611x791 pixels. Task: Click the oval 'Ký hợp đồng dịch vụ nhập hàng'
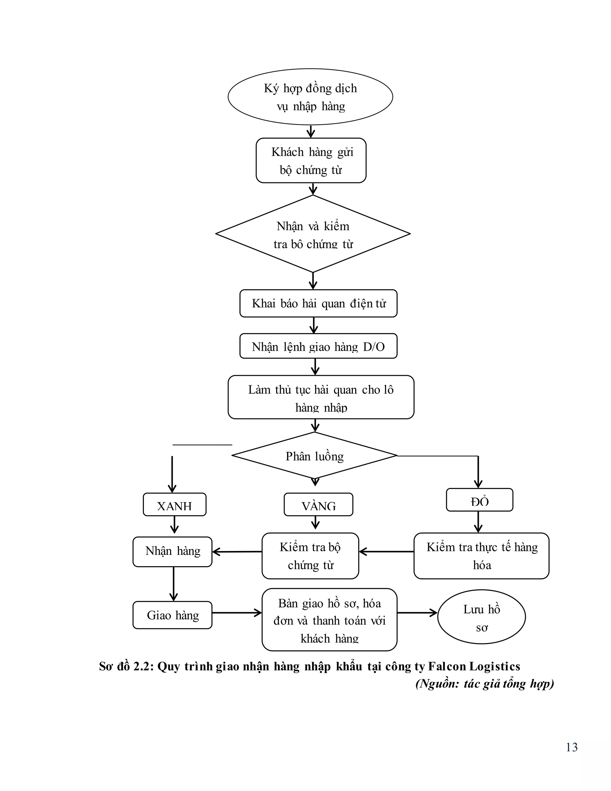[310, 97]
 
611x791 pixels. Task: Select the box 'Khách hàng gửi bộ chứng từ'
[311, 161]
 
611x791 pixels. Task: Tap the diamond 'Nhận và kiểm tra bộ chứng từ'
[313, 234]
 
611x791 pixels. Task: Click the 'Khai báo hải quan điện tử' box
[318, 304]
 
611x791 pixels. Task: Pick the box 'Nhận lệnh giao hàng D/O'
[318, 346]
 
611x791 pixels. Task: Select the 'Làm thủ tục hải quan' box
[321, 397]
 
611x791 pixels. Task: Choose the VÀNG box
[318, 504]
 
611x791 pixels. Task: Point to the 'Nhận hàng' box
[172, 552]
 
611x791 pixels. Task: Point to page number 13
[572, 747]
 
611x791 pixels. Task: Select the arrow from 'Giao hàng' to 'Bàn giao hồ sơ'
[237, 613]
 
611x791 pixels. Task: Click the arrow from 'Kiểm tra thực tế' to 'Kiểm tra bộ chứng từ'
[386, 552]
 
